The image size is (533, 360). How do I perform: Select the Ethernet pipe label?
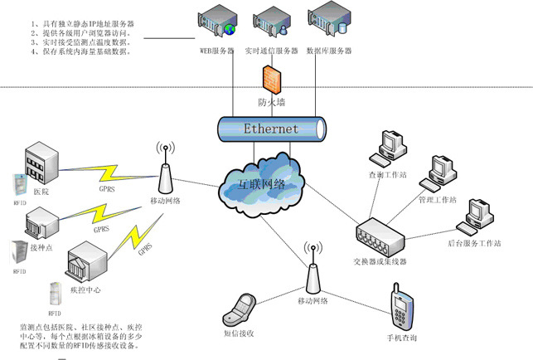click(x=270, y=129)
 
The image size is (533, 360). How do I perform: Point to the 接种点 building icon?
click(x=41, y=224)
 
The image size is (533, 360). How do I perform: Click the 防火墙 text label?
click(x=272, y=104)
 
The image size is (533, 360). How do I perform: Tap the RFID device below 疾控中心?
click(x=56, y=294)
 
